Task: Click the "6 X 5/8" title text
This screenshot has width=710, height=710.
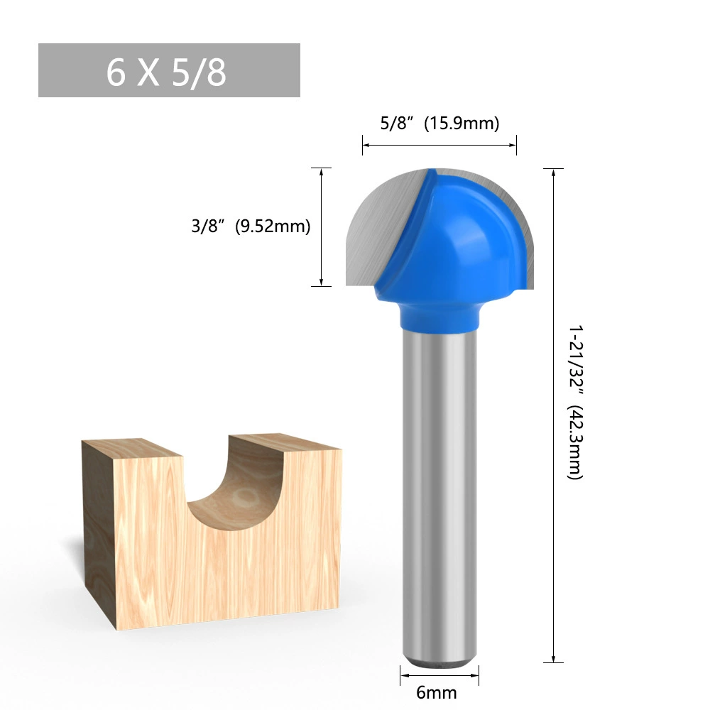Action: click(x=166, y=72)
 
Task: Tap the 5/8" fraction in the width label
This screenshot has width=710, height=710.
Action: click(x=397, y=123)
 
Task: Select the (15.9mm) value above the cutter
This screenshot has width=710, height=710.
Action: click(x=461, y=123)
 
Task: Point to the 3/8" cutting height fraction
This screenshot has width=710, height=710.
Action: click(x=208, y=226)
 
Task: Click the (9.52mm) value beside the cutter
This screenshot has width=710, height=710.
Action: click(x=273, y=226)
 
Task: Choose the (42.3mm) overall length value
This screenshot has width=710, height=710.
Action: click(x=576, y=442)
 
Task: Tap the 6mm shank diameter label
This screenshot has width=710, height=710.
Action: click(x=436, y=692)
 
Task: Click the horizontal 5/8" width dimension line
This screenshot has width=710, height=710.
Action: click(x=439, y=146)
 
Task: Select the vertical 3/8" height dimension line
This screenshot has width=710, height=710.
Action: click(x=321, y=227)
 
